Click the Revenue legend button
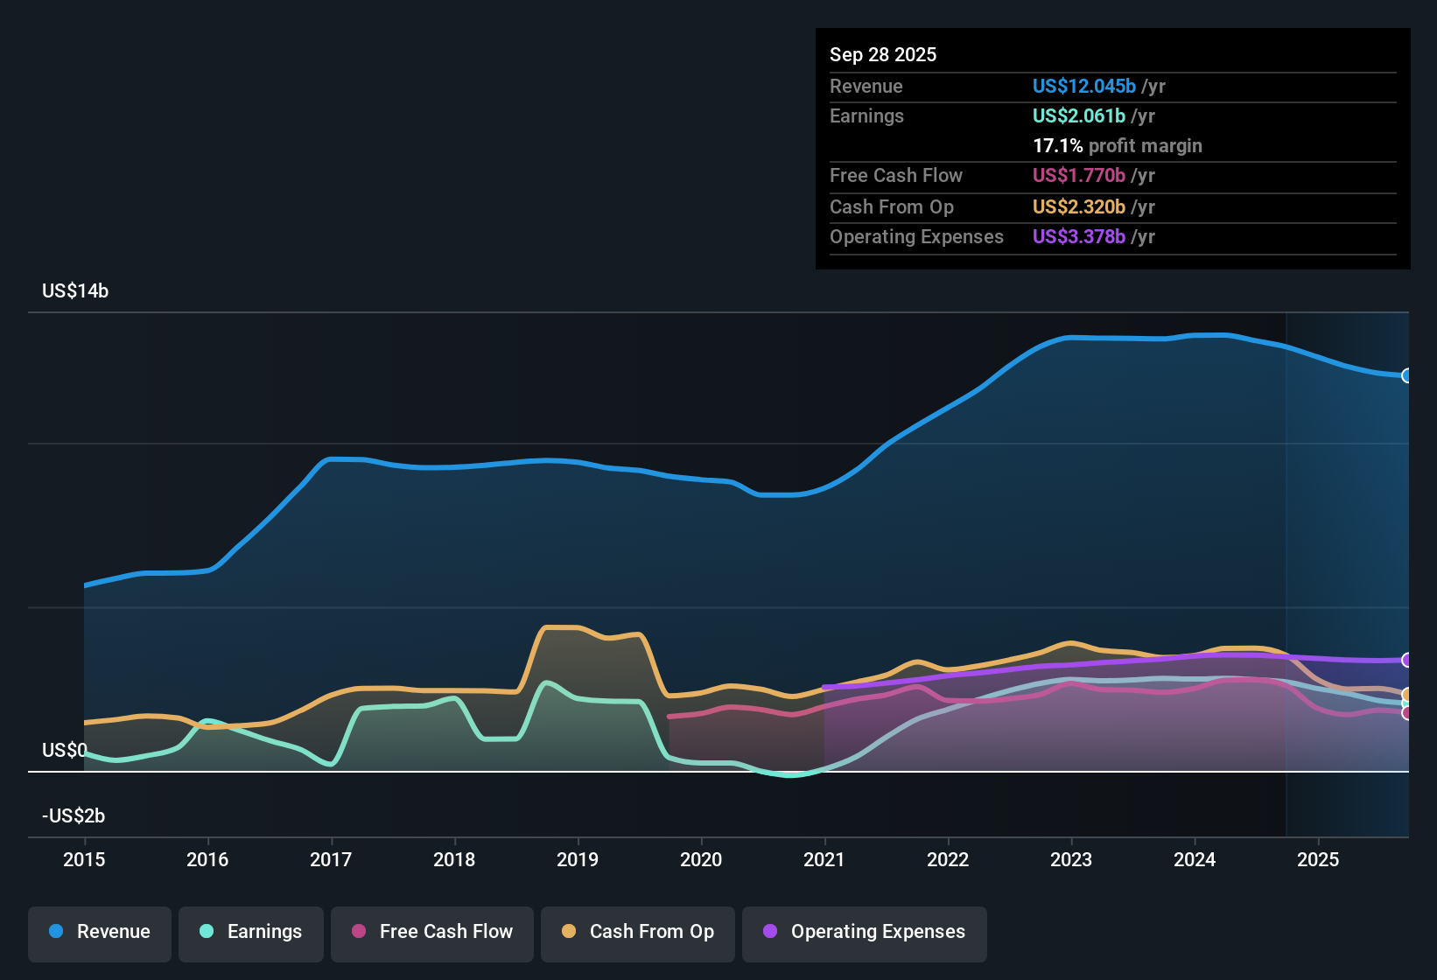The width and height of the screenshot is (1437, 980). coord(100,932)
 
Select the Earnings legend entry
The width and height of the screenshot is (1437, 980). coord(251,932)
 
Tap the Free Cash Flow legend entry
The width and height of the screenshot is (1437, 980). coord(432,932)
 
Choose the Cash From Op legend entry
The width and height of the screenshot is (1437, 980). coord(638,932)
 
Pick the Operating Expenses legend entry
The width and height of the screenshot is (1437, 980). coord(865,932)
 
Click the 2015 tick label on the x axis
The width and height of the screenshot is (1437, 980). coord(84,859)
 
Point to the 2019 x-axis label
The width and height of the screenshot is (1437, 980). coord(578,859)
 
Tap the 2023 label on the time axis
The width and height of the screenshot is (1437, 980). coord(1071,859)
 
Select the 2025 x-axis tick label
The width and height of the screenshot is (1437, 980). coord(1318,859)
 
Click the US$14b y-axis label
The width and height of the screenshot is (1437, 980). coord(75,291)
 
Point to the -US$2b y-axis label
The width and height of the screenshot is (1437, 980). coord(74,816)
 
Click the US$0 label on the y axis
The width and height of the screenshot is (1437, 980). coord(64,751)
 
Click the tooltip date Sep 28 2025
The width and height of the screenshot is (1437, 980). coord(883,55)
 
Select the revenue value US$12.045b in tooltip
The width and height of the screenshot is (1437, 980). coord(1083,87)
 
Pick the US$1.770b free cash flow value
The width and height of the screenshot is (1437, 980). coord(1078,176)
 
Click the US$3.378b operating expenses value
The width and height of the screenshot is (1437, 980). coord(1078,237)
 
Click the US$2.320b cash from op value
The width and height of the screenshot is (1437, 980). coord(1078,207)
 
